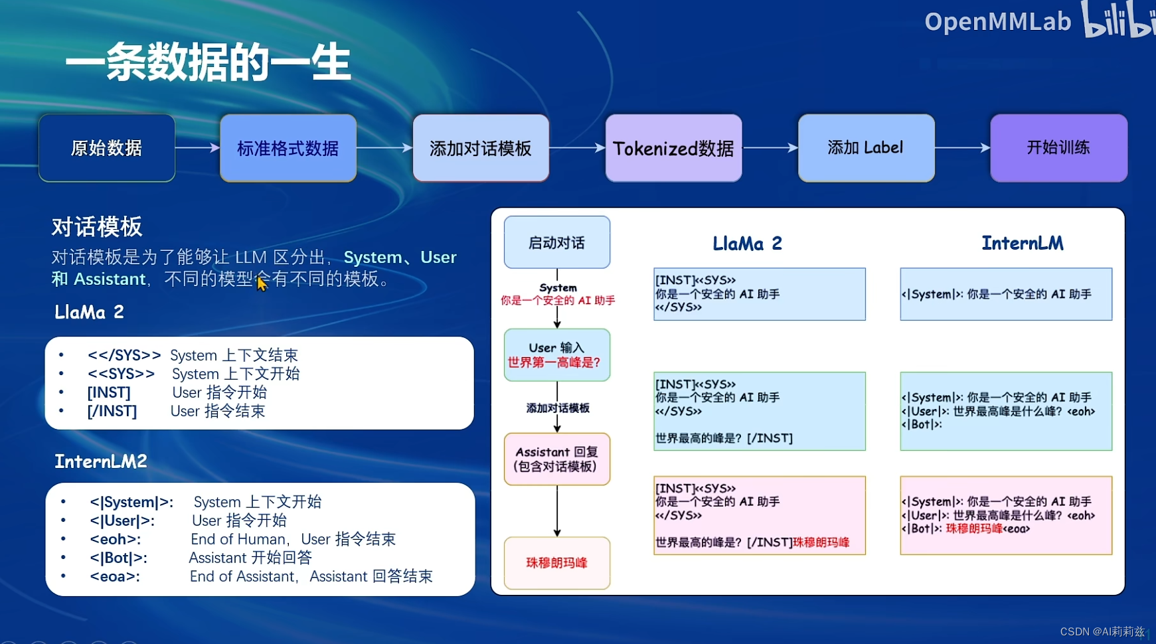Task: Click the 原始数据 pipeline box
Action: (x=107, y=148)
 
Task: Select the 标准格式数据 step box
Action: (x=288, y=148)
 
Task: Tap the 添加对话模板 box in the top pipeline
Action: (x=481, y=148)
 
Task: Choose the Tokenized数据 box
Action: (x=673, y=148)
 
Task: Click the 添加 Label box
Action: (x=866, y=148)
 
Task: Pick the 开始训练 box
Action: (x=1058, y=148)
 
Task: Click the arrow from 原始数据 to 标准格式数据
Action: (x=197, y=147)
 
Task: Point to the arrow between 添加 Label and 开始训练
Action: (x=962, y=147)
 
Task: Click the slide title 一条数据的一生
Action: (x=208, y=62)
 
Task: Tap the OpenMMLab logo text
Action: (x=997, y=22)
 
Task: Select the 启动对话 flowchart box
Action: (x=556, y=242)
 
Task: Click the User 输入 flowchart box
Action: (x=556, y=355)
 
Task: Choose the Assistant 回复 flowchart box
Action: (x=556, y=459)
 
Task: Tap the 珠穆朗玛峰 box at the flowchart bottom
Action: (x=556, y=563)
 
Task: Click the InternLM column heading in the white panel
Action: (x=1023, y=243)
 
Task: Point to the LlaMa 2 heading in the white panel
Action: (x=747, y=244)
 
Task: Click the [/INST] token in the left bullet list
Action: (x=112, y=412)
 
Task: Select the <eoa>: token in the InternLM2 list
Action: (x=115, y=576)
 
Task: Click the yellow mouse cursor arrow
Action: (x=261, y=283)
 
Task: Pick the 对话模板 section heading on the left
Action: (x=97, y=227)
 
